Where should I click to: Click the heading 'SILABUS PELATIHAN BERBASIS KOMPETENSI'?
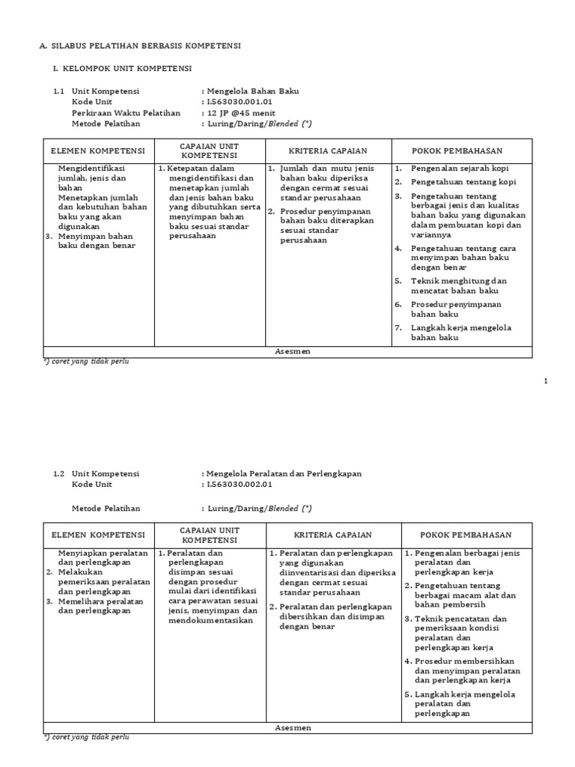(x=145, y=46)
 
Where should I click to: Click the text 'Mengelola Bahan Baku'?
(x=252, y=91)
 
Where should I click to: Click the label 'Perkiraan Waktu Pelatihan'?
(x=126, y=112)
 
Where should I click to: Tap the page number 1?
(x=546, y=381)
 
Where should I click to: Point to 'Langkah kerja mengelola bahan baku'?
(x=460, y=333)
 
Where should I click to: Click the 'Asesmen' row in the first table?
(x=287, y=351)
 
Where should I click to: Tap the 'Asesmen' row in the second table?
(x=287, y=727)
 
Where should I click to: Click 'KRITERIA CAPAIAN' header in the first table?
(x=328, y=150)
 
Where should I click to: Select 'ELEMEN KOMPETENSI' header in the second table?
(x=99, y=535)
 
